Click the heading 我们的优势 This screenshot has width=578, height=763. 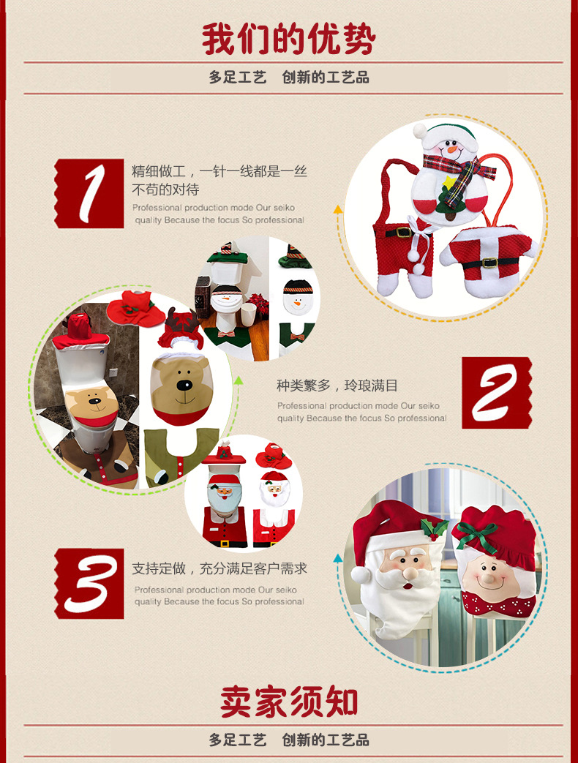288,39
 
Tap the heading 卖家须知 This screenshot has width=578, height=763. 288,702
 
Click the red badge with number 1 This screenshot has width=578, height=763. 89,193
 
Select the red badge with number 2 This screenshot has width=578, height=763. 497,393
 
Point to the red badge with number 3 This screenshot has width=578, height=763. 89,584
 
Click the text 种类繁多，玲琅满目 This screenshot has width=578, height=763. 337,386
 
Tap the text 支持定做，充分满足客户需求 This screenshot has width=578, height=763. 219,568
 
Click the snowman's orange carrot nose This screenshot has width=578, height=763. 453,149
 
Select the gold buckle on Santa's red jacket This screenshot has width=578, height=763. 490,263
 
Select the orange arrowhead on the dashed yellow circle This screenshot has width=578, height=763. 337,210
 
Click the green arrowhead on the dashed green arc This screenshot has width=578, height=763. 238,380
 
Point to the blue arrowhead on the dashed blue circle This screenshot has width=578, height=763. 337,558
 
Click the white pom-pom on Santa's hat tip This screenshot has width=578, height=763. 361,575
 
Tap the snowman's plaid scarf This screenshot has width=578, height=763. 458,173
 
